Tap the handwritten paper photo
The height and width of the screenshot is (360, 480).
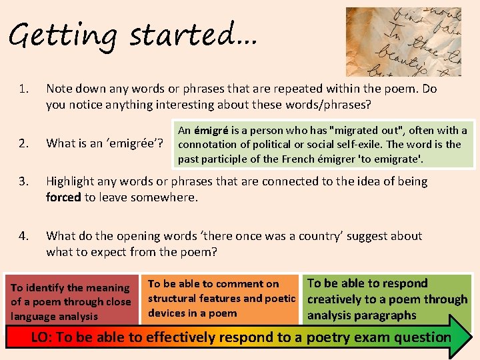(x=403, y=41)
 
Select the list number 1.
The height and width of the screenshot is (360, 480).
(x=24, y=89)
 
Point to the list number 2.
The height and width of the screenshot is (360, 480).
(x=24, y=142)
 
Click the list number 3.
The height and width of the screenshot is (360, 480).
(x=24, y=181)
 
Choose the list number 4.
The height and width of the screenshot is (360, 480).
(x=24, y=236)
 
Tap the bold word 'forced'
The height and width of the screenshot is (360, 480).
(x=63, y=197)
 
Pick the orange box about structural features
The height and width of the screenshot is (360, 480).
(x=221, y=299)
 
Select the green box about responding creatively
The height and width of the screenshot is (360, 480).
(x=387, y=299)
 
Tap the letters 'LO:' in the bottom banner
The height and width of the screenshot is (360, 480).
(x=42, y=337)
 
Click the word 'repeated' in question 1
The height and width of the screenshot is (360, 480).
(x=246, y=89)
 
